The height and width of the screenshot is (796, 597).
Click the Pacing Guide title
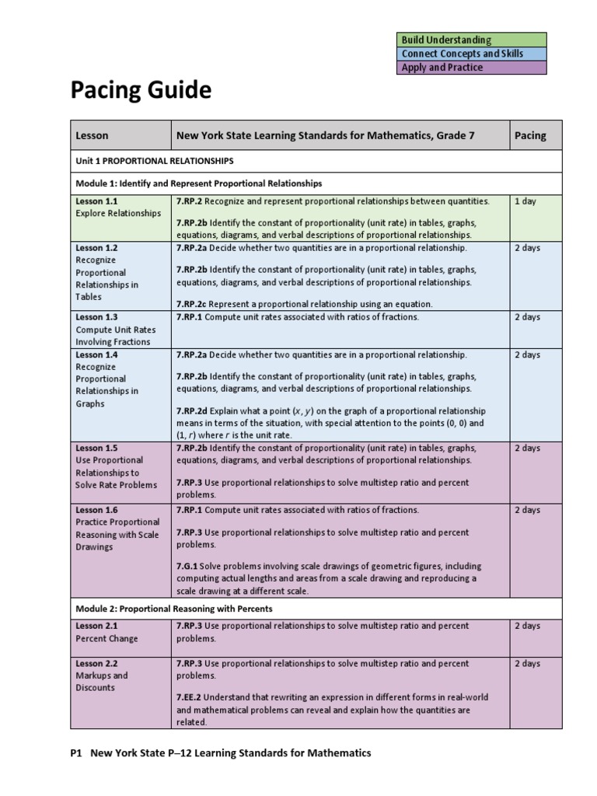point(141,91)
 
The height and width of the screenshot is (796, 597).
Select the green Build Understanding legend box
point(472,40)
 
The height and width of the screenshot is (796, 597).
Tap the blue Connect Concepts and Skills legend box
point(472,54)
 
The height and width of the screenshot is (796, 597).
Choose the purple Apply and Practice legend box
point(472,68)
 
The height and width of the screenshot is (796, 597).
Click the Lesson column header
point(92,135)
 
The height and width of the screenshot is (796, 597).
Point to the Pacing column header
point(530,135)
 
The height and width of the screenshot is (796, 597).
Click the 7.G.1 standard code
point(187,566)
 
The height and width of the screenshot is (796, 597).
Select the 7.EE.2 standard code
point(190,697)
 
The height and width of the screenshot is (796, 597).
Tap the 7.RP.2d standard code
point(192,410)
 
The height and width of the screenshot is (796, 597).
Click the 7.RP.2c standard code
point(192,304)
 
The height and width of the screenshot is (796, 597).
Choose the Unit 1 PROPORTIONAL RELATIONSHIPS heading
point(154,161)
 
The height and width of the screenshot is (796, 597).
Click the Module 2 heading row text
point(173,609)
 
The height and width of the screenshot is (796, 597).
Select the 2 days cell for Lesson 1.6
point(527,510)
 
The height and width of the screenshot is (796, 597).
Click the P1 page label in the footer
point(76,752)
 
